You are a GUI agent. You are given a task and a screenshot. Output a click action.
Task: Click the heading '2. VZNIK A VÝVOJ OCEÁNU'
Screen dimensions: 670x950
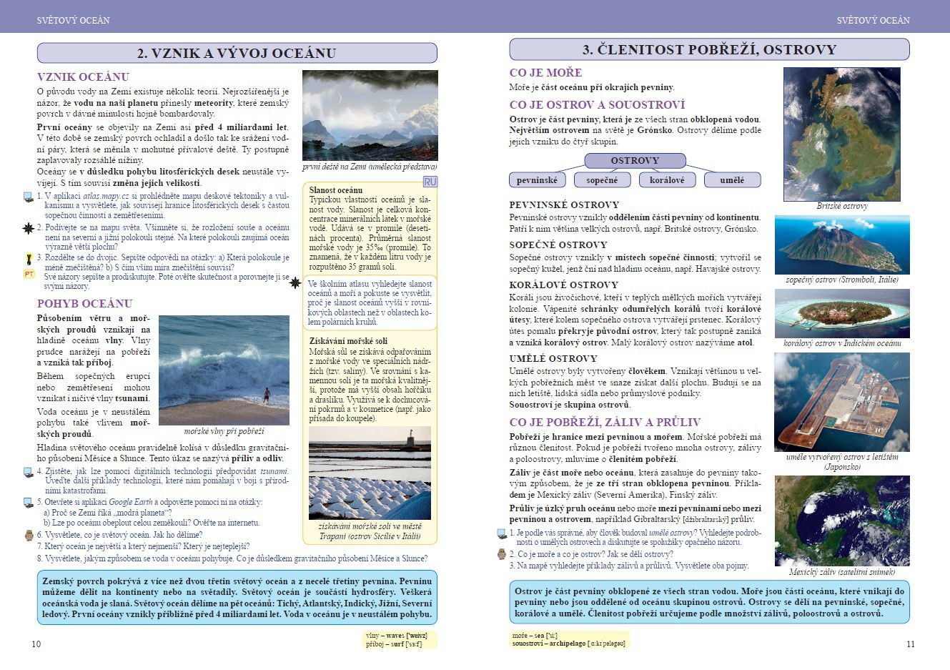coord(237,53)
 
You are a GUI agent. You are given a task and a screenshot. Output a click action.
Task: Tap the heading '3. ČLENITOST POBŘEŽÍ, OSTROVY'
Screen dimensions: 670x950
coord(709,49)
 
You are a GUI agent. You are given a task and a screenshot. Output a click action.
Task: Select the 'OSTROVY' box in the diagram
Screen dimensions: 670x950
coord(635,161)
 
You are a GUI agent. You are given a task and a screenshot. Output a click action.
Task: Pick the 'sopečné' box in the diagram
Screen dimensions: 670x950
coord(602,180)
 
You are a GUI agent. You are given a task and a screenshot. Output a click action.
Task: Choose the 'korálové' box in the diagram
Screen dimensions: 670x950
coord(666,180)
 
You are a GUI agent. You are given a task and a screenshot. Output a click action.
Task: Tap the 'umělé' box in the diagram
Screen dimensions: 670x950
coord(732,180)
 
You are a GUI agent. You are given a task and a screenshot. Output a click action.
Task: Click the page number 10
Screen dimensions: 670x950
coord(36,644)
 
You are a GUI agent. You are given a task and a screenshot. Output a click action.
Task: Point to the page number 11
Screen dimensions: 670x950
coord(910,644)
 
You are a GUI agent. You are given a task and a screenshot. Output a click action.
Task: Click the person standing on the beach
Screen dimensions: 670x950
coord(266,394)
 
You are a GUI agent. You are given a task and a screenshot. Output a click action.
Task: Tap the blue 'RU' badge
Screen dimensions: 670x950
coord(430,182)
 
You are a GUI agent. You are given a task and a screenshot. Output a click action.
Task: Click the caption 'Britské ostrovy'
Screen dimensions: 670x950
coord(841,206)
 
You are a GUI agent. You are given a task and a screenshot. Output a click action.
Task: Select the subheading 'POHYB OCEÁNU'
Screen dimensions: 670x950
coord(84,303)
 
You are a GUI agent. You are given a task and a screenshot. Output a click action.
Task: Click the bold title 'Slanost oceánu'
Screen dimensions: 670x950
coord(336,190)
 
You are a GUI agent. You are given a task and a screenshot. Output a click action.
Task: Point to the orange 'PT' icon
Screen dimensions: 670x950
coord(29,274)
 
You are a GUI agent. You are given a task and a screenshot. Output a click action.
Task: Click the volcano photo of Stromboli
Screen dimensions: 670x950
coord(842,245)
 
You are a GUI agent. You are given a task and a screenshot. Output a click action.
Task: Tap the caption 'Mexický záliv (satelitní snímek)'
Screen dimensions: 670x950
coord(841,572)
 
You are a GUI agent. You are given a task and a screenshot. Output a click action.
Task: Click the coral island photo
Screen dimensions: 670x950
coord(842,313)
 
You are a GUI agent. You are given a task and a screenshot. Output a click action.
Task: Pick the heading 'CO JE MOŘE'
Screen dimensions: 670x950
coord(545,72)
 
